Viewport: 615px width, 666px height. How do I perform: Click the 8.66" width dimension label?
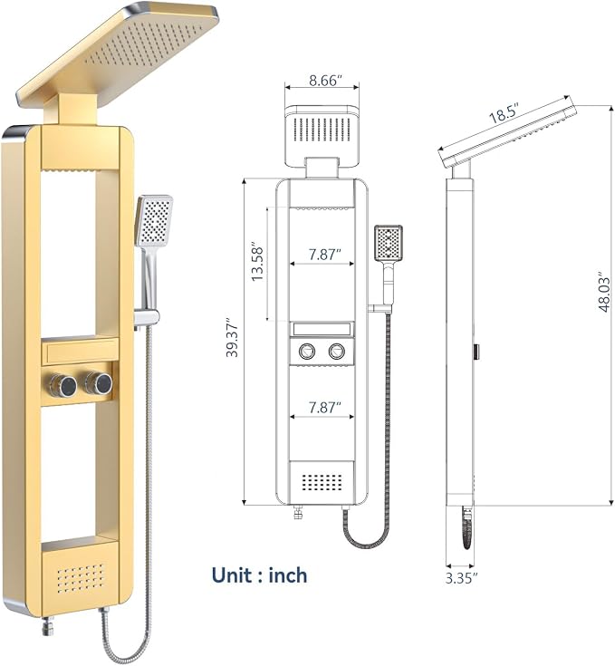325,81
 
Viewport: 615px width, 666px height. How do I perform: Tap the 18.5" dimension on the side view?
504,113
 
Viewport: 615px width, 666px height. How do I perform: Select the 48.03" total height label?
604,293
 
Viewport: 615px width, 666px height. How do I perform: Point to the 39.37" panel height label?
232,337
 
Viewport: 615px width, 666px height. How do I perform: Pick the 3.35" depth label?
461,578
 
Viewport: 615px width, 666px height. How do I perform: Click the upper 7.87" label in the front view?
324,255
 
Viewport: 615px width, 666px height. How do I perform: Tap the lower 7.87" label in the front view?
324,408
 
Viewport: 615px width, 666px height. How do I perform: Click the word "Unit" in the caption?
232,575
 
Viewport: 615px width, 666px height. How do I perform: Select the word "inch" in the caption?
288,575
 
